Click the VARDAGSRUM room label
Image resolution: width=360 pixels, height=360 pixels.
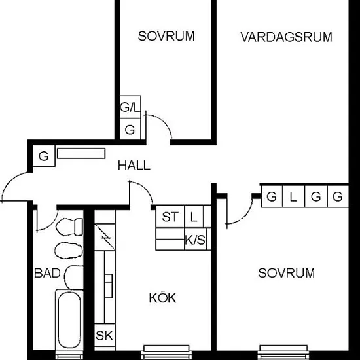point(286,37)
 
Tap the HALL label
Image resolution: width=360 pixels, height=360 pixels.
point(134,166)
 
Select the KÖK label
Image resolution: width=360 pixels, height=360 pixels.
point(162,298)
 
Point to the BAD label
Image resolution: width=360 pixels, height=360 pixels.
point(47,273)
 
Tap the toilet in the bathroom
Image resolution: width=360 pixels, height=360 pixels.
point(69,227)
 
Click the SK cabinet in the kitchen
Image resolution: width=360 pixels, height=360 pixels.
point(105,335)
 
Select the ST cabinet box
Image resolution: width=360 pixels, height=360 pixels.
point(170,217)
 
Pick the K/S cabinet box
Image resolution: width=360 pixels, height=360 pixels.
point(195,239)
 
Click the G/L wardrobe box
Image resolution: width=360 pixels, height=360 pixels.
point(130,107)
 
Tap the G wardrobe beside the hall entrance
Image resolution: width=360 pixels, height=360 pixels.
point(44,156)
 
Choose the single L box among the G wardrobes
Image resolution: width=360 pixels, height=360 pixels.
point(294,196)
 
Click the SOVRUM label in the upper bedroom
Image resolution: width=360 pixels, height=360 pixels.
point(166,36)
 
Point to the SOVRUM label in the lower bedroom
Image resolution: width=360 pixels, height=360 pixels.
point(286,273)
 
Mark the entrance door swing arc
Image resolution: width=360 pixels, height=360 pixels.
point(9,181)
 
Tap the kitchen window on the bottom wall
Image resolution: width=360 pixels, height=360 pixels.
point(166,351)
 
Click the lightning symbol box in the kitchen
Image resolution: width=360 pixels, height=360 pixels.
point(105,237)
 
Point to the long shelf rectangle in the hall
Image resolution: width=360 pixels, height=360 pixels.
point(81,153)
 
